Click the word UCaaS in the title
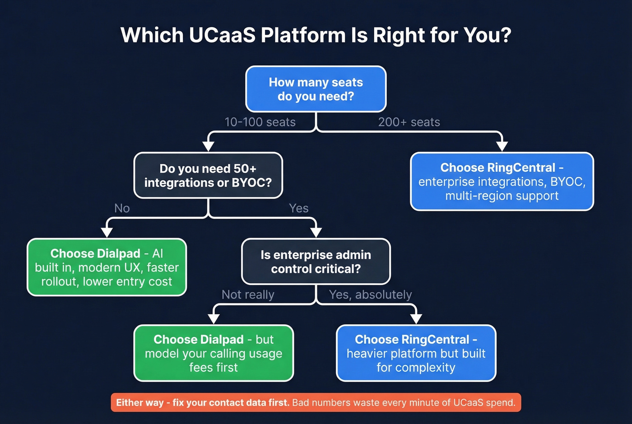tap(222, 35)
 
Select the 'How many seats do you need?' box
tap(316, 89)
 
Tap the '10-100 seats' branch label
tap(260, 122)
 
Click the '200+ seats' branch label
tap(409, 122)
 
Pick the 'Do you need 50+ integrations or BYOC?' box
tap(208, 175)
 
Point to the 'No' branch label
tap(122, 208)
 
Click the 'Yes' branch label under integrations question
tap(298, 208)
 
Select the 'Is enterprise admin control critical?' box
tap(316, 261)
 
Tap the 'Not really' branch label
tap(248, 294)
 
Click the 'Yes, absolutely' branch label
tap(370, 294)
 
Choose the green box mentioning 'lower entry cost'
tap(107, 267)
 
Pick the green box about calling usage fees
tap(214, 353)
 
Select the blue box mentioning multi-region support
tap(502, 182)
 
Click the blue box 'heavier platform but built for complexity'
tap(416, 353)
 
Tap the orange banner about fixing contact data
tap(316, 402)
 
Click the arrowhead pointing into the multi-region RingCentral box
tap(502, 146)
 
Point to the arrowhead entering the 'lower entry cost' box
tap(107, 232)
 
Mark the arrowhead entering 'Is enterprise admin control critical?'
tap(316, 232)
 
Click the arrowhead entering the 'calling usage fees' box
tap(214, 318)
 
